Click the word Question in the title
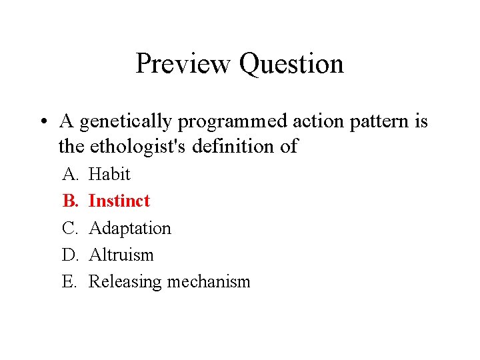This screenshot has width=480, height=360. [x=291, y=65]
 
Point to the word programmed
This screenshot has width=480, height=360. [x=230, y=122]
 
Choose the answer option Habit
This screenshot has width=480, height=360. [x=109, y=174]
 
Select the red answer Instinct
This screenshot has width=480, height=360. [x=119, y=201]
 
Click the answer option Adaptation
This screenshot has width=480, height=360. [x=130, y=228]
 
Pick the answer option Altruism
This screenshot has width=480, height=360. [x=121, y=255]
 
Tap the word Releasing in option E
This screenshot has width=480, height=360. [x=125, y=282]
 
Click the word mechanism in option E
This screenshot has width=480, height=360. [x=209, y=282]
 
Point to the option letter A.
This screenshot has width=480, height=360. [x=69, y=174]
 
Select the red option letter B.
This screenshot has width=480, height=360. [x=69, y=201]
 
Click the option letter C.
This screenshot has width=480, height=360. [x=69, y=228]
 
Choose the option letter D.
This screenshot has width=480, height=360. [x=69, y=255]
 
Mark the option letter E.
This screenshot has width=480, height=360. [x=69, y=281]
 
